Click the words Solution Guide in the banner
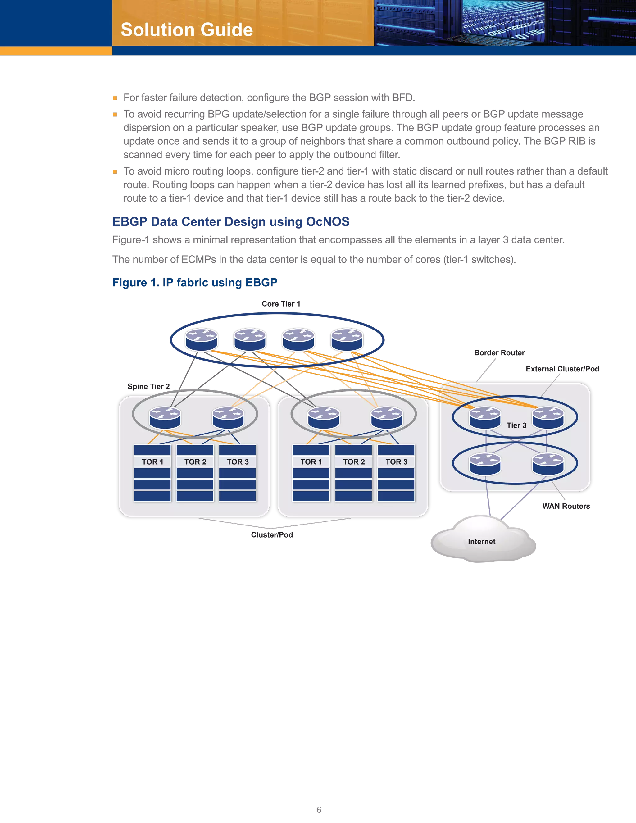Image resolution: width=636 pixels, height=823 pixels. [x=187, y=30]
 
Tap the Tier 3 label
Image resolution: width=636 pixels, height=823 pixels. [x=516, y=425]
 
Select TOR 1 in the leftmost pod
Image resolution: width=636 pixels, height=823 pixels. [x=152, y=462]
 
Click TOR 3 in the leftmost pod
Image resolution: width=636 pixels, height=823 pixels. [x=237, y=462]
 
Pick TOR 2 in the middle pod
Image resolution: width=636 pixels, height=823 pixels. [x=353, y=462]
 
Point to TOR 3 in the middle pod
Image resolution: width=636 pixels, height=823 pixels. [x=396, y=462]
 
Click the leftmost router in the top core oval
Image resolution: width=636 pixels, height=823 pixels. [x=202, y=339]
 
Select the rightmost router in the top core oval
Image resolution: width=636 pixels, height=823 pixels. [x=347, y=339]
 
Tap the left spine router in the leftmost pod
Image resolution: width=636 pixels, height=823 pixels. [x=165, y=417]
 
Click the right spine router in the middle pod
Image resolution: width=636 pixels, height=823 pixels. [x=387, y=417]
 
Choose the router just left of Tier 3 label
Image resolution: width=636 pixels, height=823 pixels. [x=485, y=417]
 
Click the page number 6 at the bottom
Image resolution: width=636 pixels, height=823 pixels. [x=319, y=809]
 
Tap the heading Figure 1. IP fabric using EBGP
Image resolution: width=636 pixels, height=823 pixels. [x=195, y=283]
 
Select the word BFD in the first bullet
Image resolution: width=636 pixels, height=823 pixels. [x=402, y=98]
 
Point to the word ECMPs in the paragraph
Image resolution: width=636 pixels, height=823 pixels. [x=198, y=259]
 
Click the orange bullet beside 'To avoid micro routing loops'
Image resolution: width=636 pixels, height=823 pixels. [x=115, y=171]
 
